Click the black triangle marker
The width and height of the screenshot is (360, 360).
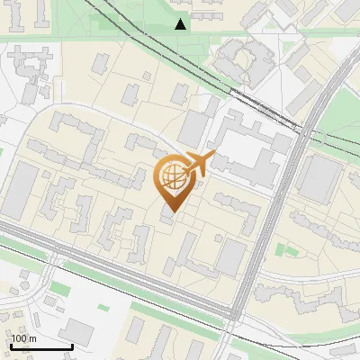coord(181,24)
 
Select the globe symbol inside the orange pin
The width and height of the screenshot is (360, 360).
coord(172,179)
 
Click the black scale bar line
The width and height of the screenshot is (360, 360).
coord(41,346)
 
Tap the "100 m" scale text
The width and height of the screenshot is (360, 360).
coord(24,338)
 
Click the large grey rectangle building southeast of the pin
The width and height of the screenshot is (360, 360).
coord(230,257)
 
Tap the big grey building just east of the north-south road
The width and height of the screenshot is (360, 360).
coord(317,178)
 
